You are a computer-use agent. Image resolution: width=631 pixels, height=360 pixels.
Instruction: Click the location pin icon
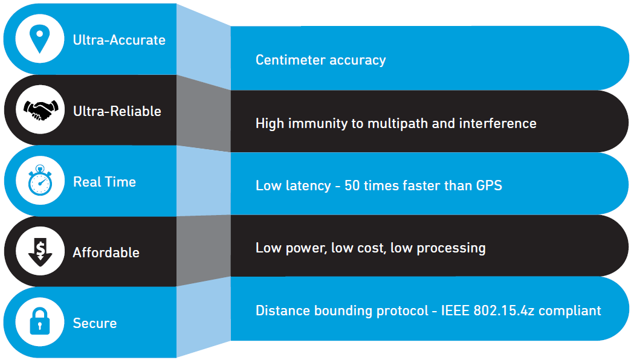[x=40, y=39]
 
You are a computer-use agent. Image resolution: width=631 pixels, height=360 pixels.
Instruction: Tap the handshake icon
[x=40, y=110]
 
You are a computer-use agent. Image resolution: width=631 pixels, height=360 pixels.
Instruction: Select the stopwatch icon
[x=40, y=181]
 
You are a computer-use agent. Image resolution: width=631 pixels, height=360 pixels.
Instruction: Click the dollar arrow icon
[x=40, y=251]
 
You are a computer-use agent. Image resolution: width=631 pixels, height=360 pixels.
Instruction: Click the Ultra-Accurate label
[x=119, y=40]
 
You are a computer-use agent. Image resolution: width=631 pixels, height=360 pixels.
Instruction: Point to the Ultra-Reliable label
[x=117, y=111]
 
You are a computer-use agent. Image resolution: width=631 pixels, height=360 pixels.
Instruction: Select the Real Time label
[x=105, y=182]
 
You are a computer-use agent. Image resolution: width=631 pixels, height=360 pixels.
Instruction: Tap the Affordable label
[x=106, y=252]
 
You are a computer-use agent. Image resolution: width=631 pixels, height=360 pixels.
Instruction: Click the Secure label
[x=95, y=323]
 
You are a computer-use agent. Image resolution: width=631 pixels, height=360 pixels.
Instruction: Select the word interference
[x=497, y=123]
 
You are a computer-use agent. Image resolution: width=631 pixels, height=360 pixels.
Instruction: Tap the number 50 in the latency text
[x=352, y=185]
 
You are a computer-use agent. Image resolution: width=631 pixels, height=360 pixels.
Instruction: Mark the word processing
[x=455, y=248]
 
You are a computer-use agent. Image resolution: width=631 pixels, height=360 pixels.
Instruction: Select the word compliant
[x=571, y=311]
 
